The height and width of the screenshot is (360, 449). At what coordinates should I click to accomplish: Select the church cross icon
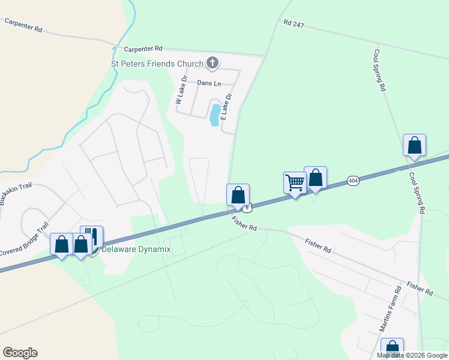212,62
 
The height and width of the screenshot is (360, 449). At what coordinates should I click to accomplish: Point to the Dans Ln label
209,83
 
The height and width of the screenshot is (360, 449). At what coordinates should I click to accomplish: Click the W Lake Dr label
181,94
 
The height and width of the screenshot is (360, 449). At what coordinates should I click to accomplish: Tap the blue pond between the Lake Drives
214,115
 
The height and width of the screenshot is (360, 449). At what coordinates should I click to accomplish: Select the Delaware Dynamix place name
136,249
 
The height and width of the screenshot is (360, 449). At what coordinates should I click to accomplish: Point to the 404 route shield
352,180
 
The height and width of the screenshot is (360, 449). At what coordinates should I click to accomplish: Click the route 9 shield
247,208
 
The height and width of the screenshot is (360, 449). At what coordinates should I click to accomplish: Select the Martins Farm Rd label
390,310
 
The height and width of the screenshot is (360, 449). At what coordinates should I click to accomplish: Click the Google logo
20,353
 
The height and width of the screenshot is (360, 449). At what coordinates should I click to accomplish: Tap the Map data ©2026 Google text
411,355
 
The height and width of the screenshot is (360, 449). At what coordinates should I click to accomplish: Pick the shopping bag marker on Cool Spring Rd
414,145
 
